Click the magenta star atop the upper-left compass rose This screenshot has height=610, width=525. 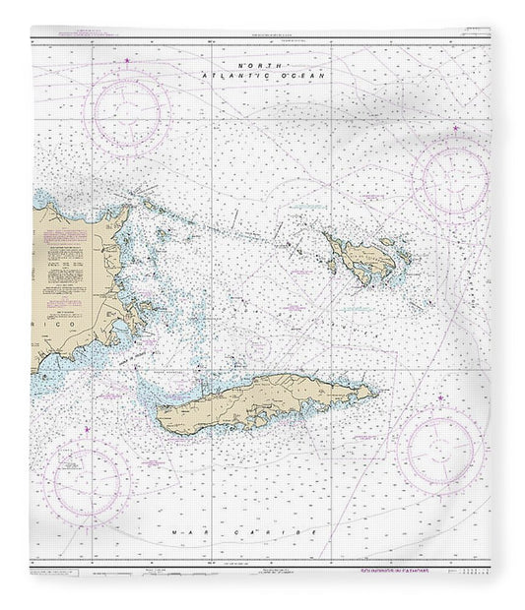click(131, 65)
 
